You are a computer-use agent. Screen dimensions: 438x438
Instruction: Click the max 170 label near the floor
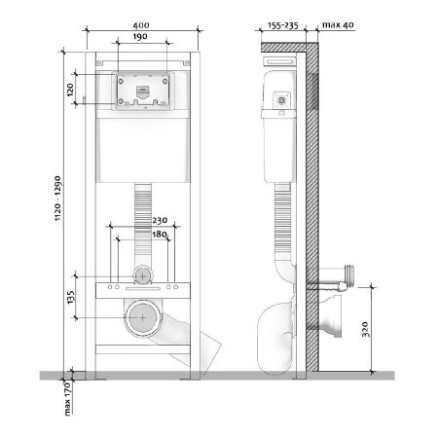(x=68, y=397)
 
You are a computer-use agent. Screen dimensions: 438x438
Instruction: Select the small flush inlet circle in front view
(x=144, y=276)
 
